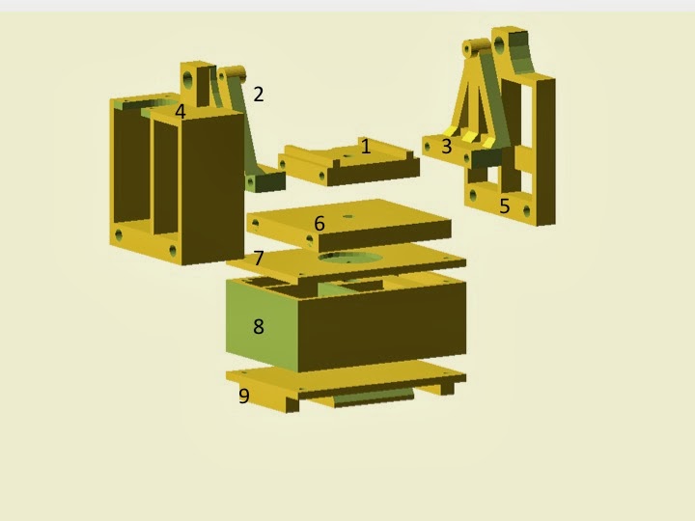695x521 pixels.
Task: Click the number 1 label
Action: click(x=366, y=147)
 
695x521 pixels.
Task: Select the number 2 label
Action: click(x=259, y=94)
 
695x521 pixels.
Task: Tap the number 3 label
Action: click(x=446, y=147)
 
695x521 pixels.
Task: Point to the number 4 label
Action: click(x=180, y=112)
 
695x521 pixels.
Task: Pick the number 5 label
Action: click(x=505, y=206)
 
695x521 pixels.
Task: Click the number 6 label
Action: click(x=320, y=224)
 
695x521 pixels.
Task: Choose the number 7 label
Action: click(x=259, y=258)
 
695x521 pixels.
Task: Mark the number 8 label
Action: click(x=259, y=327)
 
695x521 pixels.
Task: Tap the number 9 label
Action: click(x=244, y=396)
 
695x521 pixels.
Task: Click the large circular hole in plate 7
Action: click(x=350, y=258)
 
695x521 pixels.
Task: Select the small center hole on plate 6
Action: click(x=347, y=217)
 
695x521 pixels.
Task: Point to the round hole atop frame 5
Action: click(x=499, y=45)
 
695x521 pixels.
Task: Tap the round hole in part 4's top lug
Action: click(x=187, y=79)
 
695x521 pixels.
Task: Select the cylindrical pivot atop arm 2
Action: click(x=232, y=73)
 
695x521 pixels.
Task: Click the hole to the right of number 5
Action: click(x=527, y=211)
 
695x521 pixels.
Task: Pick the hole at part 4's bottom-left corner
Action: click(x=119, y=234)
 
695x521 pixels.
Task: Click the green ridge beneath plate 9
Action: click(x=374, y=397)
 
